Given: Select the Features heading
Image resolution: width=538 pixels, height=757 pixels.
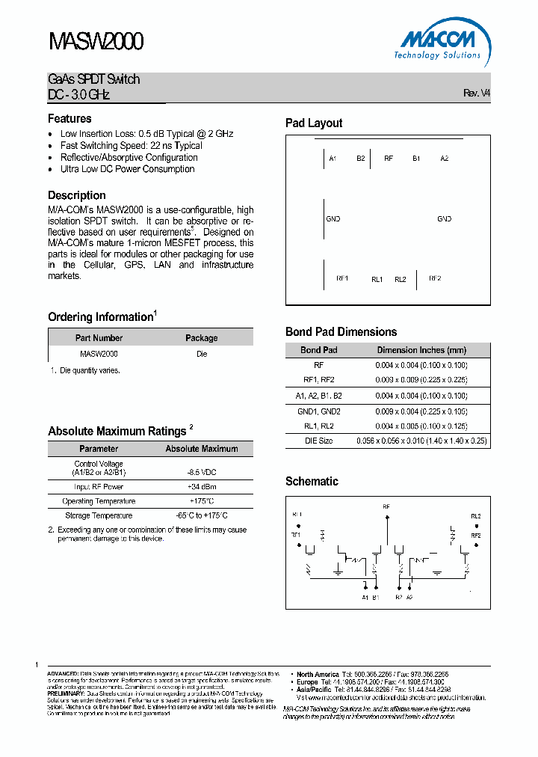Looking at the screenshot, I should (69, 119).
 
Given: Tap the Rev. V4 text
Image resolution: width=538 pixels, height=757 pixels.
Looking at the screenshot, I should (477, 94).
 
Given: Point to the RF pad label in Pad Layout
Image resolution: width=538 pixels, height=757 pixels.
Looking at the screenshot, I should (389, 159).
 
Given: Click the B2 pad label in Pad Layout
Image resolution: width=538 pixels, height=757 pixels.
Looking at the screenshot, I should (361, 159).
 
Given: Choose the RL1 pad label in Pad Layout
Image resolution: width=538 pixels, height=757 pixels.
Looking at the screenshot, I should (377, 279).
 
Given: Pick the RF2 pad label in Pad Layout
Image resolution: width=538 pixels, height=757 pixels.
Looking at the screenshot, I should (435, 278).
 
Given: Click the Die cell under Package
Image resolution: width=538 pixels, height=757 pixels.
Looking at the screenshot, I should (202, 354).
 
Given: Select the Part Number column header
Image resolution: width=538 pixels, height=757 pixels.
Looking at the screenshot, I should (99, 338).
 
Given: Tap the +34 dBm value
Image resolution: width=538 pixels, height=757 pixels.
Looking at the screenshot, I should (201, 487).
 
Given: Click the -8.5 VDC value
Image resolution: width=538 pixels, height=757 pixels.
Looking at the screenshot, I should (201, 473).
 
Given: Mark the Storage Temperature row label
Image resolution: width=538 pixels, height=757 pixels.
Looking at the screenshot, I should (99, 515).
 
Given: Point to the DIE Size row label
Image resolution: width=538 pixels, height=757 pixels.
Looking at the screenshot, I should (318, 441).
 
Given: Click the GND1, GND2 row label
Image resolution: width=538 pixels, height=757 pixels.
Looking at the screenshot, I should (318, 411).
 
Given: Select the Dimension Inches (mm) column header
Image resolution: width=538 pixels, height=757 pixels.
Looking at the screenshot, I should (421, 350).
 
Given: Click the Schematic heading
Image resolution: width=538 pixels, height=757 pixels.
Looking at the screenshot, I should (312, 482).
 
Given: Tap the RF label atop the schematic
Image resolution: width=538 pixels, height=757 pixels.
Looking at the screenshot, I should (386, 507).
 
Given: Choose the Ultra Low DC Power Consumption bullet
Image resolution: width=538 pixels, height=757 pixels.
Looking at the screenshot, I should (127, 169).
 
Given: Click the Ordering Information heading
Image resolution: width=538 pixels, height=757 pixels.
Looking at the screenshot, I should (100, 317).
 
